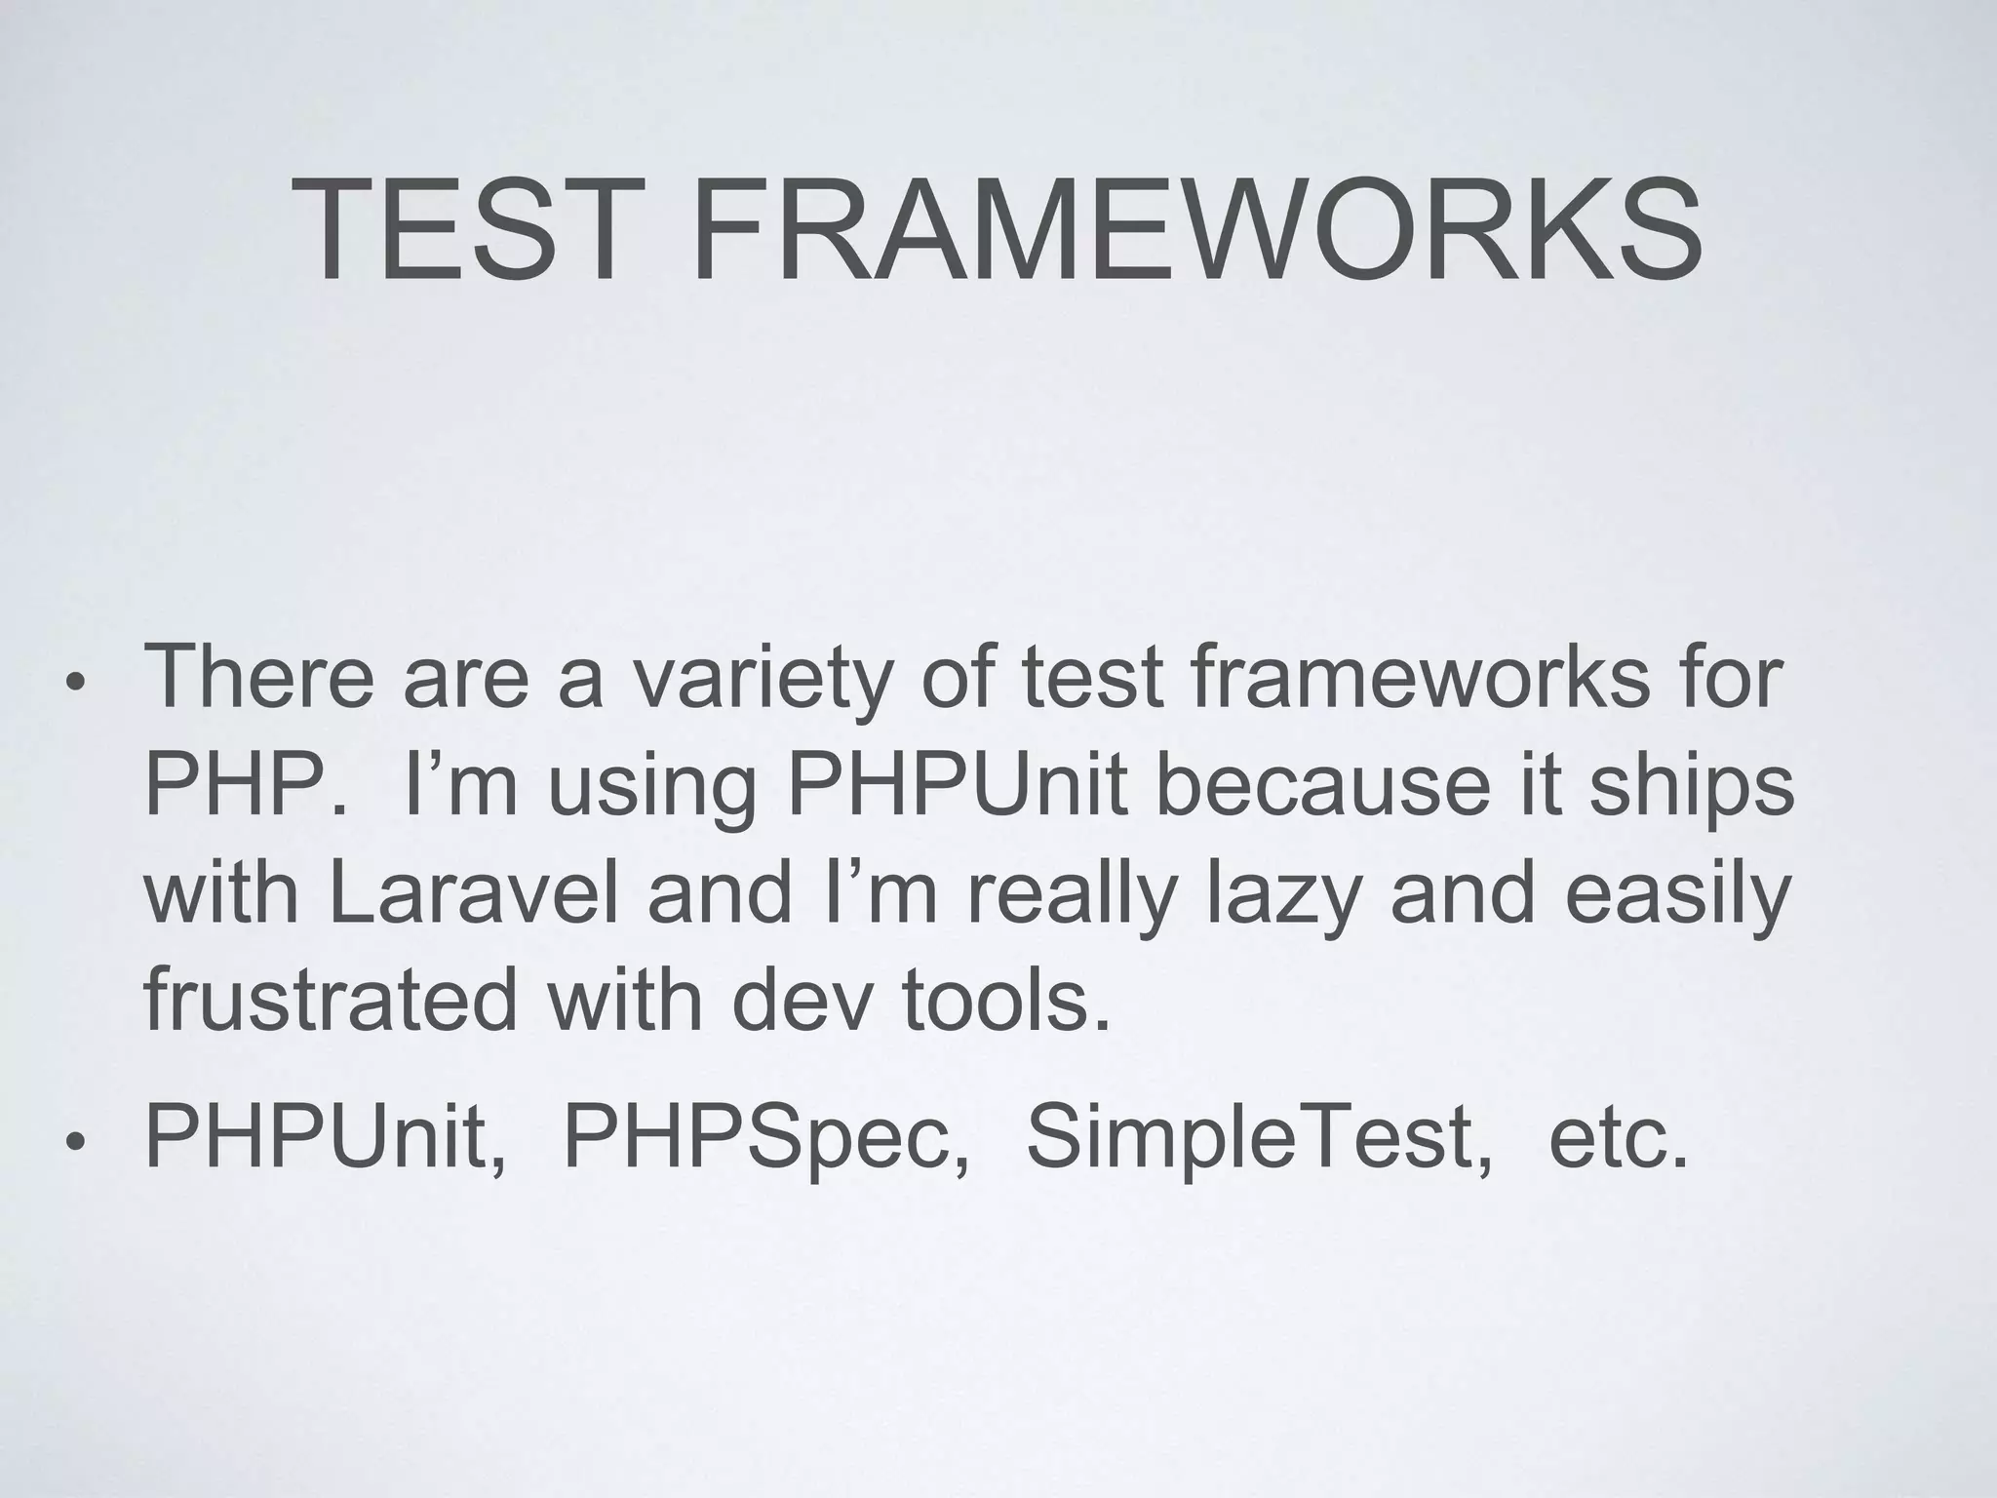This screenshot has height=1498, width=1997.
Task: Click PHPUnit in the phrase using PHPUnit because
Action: [956, 786]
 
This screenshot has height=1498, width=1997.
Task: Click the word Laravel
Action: [475, 895]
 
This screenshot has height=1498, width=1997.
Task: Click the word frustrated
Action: [330, 1001]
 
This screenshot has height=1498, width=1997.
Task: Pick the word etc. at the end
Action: [1618, 1137]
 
